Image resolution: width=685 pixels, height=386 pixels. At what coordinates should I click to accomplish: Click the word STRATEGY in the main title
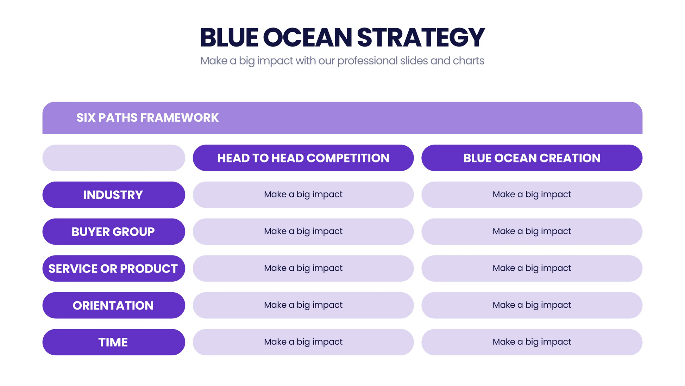tap(421, 37)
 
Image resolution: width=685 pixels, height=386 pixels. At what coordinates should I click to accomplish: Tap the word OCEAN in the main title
tap(307, 37)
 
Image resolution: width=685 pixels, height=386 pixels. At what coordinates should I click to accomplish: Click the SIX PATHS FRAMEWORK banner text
tap(147, 118)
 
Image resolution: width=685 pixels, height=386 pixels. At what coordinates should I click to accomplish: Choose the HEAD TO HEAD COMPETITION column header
tap(303, 158)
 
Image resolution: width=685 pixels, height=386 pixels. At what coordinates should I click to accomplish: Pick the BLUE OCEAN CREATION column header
tap(532, 158)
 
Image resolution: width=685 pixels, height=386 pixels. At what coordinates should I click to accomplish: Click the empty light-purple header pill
tap(114, 158)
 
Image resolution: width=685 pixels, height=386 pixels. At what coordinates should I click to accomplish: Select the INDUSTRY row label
tap(113, 195)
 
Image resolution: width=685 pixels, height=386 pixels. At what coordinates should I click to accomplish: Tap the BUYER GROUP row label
tap(113, 232)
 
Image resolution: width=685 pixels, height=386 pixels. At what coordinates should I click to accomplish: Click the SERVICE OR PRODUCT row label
tap(113, 269)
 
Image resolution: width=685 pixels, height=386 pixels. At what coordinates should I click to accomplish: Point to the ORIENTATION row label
tap(113, 305)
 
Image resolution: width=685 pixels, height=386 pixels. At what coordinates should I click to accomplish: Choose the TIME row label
tap(113, 342)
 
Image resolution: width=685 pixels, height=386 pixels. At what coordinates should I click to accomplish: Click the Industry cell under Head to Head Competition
tap(303, 195)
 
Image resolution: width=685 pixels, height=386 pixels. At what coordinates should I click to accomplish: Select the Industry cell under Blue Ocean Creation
tap(532, 195)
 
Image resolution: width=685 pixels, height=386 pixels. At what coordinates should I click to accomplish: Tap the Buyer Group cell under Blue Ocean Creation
tap(532, 232)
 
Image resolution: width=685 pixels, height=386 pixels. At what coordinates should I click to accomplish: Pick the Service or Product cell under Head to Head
tap(303, 268)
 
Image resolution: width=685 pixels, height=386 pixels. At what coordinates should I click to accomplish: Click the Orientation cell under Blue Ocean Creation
tap(532, 305)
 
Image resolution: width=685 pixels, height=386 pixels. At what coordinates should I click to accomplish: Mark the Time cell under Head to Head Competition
tap(303, 342)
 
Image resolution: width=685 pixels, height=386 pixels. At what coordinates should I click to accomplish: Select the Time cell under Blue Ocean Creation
tap(532, 342)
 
